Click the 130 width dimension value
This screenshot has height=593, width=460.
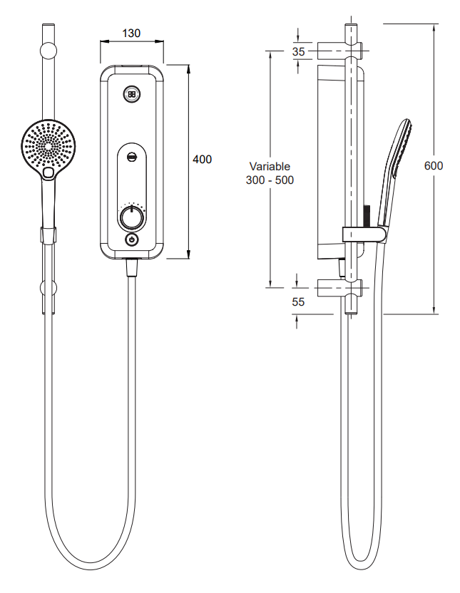click(131, 33)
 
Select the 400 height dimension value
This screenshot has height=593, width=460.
click(203, 160)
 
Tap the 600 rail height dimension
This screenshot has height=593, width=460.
click(434, 165)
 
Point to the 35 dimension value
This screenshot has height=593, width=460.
click(298, 52)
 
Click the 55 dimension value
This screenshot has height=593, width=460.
click(298, 302)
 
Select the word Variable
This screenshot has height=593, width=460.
click(270, 166)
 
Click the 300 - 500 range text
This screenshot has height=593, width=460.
click(270, 180)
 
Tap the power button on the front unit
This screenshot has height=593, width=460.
click(131, 239)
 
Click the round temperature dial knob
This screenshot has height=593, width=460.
click(131, 217)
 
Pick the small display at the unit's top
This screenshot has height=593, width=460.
click(131, 93)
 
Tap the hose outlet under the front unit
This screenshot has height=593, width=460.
click(131, 267)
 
